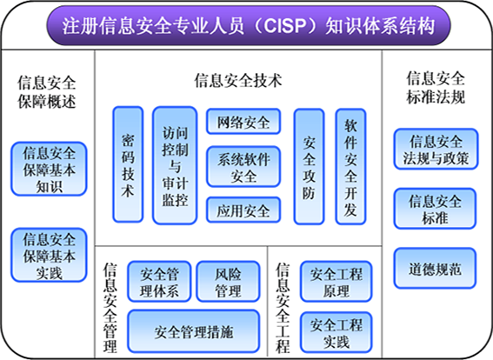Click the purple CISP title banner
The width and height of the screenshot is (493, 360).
coord(249,26)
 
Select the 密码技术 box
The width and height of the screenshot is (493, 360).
coord(128,164)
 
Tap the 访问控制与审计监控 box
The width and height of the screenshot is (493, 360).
coord(175,165)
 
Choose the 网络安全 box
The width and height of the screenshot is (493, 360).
coord(243,122)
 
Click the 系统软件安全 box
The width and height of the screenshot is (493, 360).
coord(243,167)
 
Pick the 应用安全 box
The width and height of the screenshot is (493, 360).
coord(243,210)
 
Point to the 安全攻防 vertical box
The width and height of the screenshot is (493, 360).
coord(309,167)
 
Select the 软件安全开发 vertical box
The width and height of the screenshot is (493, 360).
coord(350,167)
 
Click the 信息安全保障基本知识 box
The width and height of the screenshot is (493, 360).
coord(49,169)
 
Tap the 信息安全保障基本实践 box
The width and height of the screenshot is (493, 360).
coord(49,255)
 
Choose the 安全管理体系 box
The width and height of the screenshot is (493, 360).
coord(159,282)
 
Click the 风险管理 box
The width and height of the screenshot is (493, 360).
coord(229,282)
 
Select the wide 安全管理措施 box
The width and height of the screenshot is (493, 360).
coord(194,331)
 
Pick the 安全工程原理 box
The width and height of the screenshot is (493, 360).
coord(336,282)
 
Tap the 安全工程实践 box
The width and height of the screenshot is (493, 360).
coord(336,332)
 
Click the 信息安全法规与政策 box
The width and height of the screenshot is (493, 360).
coord(436,149)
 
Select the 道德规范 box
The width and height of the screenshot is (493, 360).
coord(435,268)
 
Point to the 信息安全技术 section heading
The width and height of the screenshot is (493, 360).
coord(238,81)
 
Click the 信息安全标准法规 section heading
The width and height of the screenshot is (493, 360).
coord(436,88)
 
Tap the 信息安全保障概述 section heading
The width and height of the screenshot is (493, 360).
coord(47,92)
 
